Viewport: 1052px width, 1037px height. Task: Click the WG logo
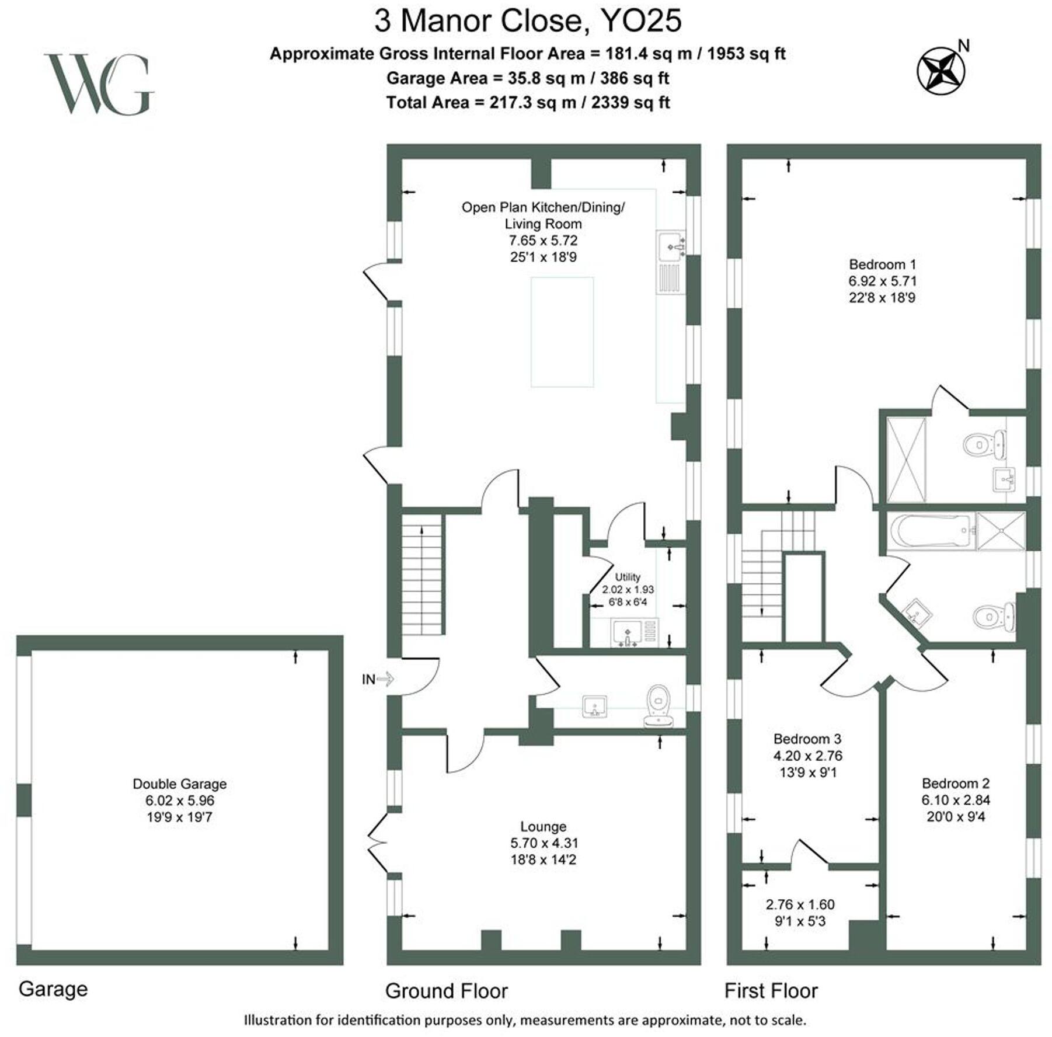[99, 85]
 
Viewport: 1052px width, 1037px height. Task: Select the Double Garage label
[179, 784]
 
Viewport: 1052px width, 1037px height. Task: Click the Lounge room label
[543, 827]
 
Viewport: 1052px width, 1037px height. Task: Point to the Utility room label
[628, 577]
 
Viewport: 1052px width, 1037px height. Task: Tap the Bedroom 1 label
[882, 264]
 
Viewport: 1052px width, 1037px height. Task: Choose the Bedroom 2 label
[955, 784]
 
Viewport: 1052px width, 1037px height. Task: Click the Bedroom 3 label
[807, 739]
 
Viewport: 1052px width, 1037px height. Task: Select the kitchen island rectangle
[562, 332]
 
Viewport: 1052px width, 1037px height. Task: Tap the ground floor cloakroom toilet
[659, 704]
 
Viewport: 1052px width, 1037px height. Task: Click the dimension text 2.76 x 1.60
[800, 904]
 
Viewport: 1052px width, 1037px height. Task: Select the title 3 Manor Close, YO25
[527, 21]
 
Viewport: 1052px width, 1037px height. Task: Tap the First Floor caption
[771, 991]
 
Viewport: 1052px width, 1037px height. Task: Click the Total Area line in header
[527, 103]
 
